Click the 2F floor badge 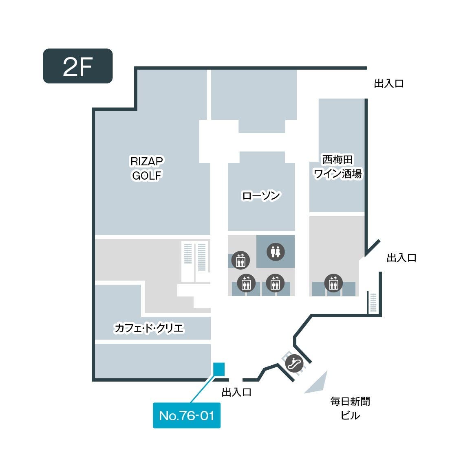click(x=78, y=66)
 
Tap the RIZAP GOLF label click(x=147, y=168)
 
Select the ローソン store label click(x=261, y=196)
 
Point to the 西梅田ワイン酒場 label click(x=337, y=167)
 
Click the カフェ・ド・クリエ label click(x=149, y=328)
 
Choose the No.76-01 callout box click(x=187, y=415)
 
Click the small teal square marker click(x=219, y=368)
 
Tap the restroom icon click(x=276, y=252)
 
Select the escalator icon click(x=294, y=362)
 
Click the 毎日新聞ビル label click(x=351, y=408)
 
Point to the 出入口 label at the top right click(x=389, y=84)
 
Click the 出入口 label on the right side click(x=401, y=258)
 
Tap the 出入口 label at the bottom click(x=236, y=392)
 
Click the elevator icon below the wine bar click(x=333, y=283)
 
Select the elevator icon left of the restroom click(x=240, y=260)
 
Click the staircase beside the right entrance click(x=373, y=302)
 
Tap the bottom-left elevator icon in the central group click(x=246, y=283)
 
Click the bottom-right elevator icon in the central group click(x=275, y=283)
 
